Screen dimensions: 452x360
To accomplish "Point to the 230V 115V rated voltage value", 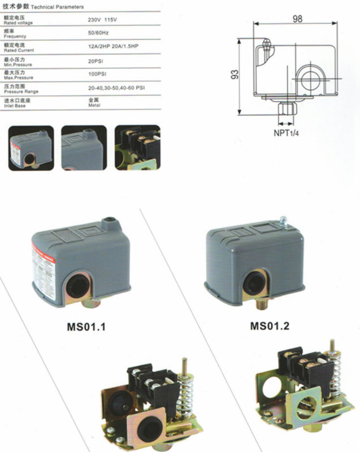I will click(105, 20).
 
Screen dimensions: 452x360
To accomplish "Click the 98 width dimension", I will click(297, 19).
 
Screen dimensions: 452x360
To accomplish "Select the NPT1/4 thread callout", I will click(286, 134).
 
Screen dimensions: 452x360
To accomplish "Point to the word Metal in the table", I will click(94, 104).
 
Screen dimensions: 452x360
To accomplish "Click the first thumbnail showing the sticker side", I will click(31, 147).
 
